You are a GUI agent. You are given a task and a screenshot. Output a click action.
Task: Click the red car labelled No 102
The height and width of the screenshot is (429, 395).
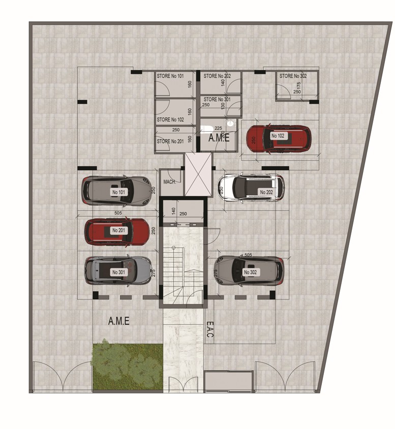278,138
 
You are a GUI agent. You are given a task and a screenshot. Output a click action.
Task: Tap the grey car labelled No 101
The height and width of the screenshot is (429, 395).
117,191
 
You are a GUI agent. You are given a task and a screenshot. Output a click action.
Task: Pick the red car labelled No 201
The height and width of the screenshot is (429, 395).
117,232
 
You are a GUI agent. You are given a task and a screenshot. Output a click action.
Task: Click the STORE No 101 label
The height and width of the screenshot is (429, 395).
170,76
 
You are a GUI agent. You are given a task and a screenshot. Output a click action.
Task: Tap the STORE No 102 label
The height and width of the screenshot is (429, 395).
170,120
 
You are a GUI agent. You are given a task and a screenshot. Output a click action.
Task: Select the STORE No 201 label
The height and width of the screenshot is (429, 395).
170,142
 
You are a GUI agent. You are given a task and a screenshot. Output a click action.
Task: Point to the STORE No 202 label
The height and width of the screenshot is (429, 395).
217,76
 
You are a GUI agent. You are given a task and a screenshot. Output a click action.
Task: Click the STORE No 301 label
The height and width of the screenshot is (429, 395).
217,100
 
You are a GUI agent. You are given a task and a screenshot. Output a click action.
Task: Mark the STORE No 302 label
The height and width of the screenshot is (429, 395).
293,76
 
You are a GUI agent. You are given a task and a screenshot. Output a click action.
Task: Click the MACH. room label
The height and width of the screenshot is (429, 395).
169,182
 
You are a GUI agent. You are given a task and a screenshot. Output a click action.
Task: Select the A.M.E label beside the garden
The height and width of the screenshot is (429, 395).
119,321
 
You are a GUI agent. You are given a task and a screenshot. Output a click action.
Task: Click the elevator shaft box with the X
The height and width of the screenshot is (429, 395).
197,174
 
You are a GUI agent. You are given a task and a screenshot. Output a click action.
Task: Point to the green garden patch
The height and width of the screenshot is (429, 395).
127,366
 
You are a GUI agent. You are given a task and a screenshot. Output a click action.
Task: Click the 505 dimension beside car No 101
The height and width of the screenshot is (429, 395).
117,213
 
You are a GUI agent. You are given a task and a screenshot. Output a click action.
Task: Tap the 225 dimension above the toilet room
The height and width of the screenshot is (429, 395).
219,129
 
